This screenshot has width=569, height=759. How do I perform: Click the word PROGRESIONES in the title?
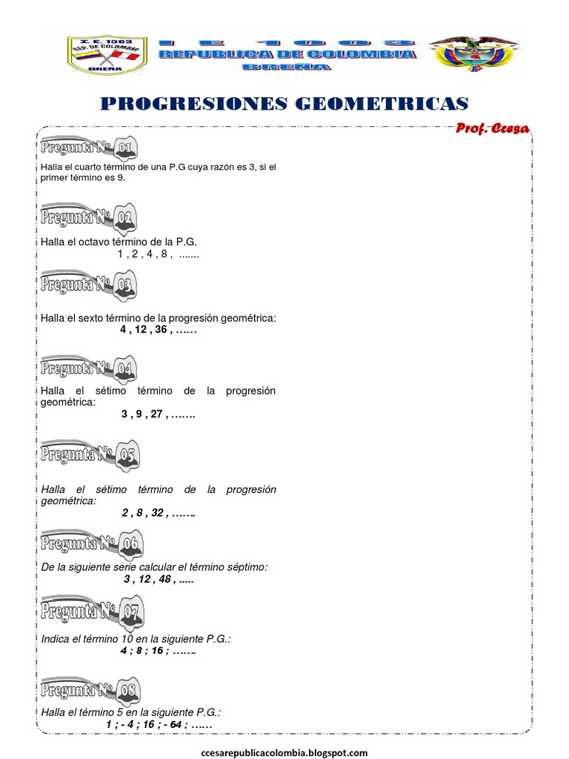[194, 104]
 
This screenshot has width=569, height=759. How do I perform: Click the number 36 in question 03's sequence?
[161, 331]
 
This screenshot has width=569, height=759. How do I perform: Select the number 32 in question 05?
[157, 512]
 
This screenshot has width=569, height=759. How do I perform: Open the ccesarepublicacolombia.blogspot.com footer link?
[284, 752]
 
